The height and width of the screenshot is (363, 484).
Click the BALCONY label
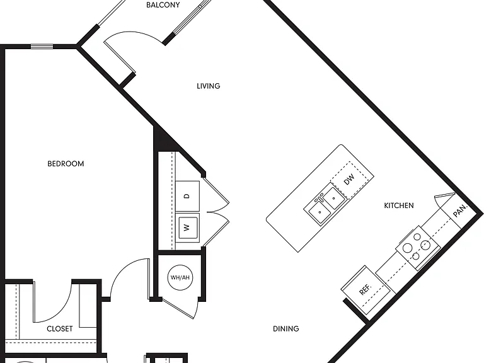(163, 5)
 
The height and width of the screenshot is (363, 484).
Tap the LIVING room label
(209, 86)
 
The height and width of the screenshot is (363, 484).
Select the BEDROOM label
(66, 164)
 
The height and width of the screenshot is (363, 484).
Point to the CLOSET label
(60, 329)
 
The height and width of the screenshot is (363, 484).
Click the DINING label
(286, 329)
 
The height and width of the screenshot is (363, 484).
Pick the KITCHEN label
(399, 205)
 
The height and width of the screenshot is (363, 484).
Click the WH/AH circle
(180, 277)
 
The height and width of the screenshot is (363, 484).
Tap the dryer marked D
(187, 197)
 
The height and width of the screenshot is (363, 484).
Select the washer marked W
(187, 228)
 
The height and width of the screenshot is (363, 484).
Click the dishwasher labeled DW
(349, 180)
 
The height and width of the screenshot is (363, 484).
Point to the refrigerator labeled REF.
(364, 289)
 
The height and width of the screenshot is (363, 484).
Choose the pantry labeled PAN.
(459, 211)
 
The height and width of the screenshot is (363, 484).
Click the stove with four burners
(418, 248)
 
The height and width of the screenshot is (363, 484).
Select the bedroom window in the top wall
(42, 47)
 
